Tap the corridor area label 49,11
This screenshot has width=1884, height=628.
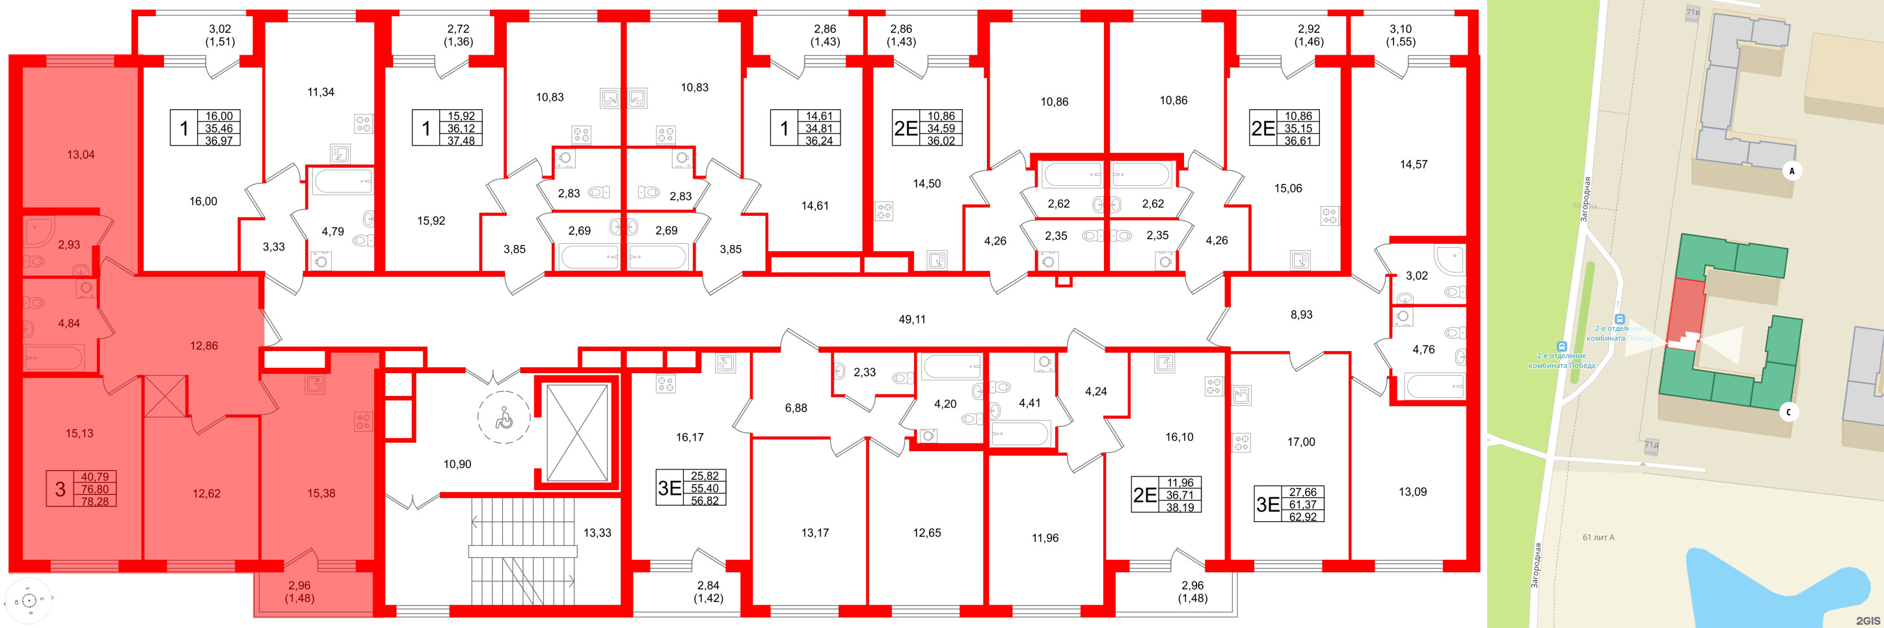coord(911,319)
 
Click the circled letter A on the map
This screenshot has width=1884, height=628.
coord(1792,171)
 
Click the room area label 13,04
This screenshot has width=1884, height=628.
coord(81,155)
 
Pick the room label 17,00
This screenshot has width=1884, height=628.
coord(1301,442)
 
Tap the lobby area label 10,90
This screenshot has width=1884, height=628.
coord(457,464)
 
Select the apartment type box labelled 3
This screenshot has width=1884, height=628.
coord(60,489)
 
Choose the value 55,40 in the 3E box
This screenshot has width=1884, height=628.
coord(705,488)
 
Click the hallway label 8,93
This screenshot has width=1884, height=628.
coord(1301,315)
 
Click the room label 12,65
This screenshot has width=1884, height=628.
coord(926,533)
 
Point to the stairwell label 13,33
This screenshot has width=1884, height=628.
coord(597,533)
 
